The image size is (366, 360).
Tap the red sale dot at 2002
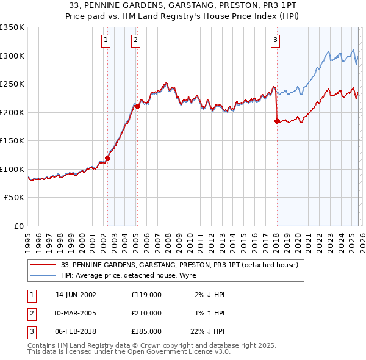pos(108,158)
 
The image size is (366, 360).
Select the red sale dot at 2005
pos(137,106)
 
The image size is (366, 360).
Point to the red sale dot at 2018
pos(277,121)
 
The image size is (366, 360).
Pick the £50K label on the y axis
pos(15,198)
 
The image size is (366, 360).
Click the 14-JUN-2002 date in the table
pos(76,295)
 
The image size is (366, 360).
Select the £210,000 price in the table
pos(146,313)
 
